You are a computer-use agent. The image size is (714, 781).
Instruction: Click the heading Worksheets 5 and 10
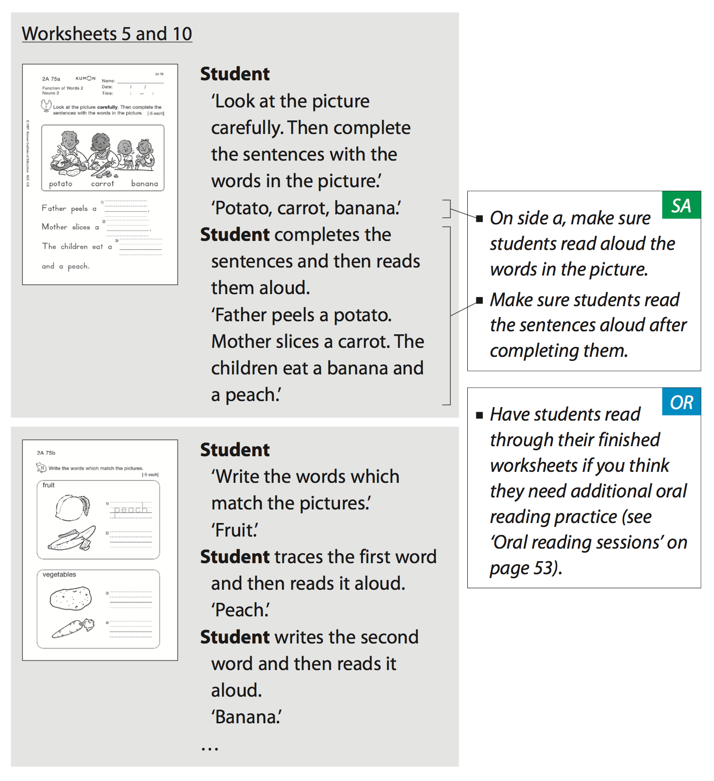(107, 34)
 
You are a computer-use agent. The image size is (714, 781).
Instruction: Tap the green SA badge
(681, 205)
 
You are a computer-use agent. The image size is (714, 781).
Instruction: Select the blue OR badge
(681, 402)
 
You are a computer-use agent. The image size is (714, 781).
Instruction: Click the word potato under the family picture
(61, 184)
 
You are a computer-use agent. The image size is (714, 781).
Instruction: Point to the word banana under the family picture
(144, 184)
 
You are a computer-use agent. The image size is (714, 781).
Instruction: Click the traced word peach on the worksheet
(130, 509)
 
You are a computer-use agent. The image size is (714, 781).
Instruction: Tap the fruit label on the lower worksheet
(49, 485)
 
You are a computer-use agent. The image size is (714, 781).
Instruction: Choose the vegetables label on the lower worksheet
(59, 574)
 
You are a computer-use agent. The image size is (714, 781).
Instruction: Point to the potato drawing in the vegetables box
(71, 598)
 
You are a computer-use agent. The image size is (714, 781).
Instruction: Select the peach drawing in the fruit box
(72, 506)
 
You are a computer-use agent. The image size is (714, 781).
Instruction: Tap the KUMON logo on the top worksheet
(85, 78)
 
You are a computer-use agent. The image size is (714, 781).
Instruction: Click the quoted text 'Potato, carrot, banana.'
(306, 208)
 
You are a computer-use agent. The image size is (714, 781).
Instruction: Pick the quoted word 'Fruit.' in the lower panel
(235, 530)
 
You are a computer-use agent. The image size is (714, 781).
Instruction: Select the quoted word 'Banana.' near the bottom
(246, 717)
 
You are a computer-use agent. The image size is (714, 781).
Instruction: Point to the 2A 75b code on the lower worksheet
(46, 453)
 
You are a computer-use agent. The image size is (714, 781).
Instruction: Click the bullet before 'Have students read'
(479, 415)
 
